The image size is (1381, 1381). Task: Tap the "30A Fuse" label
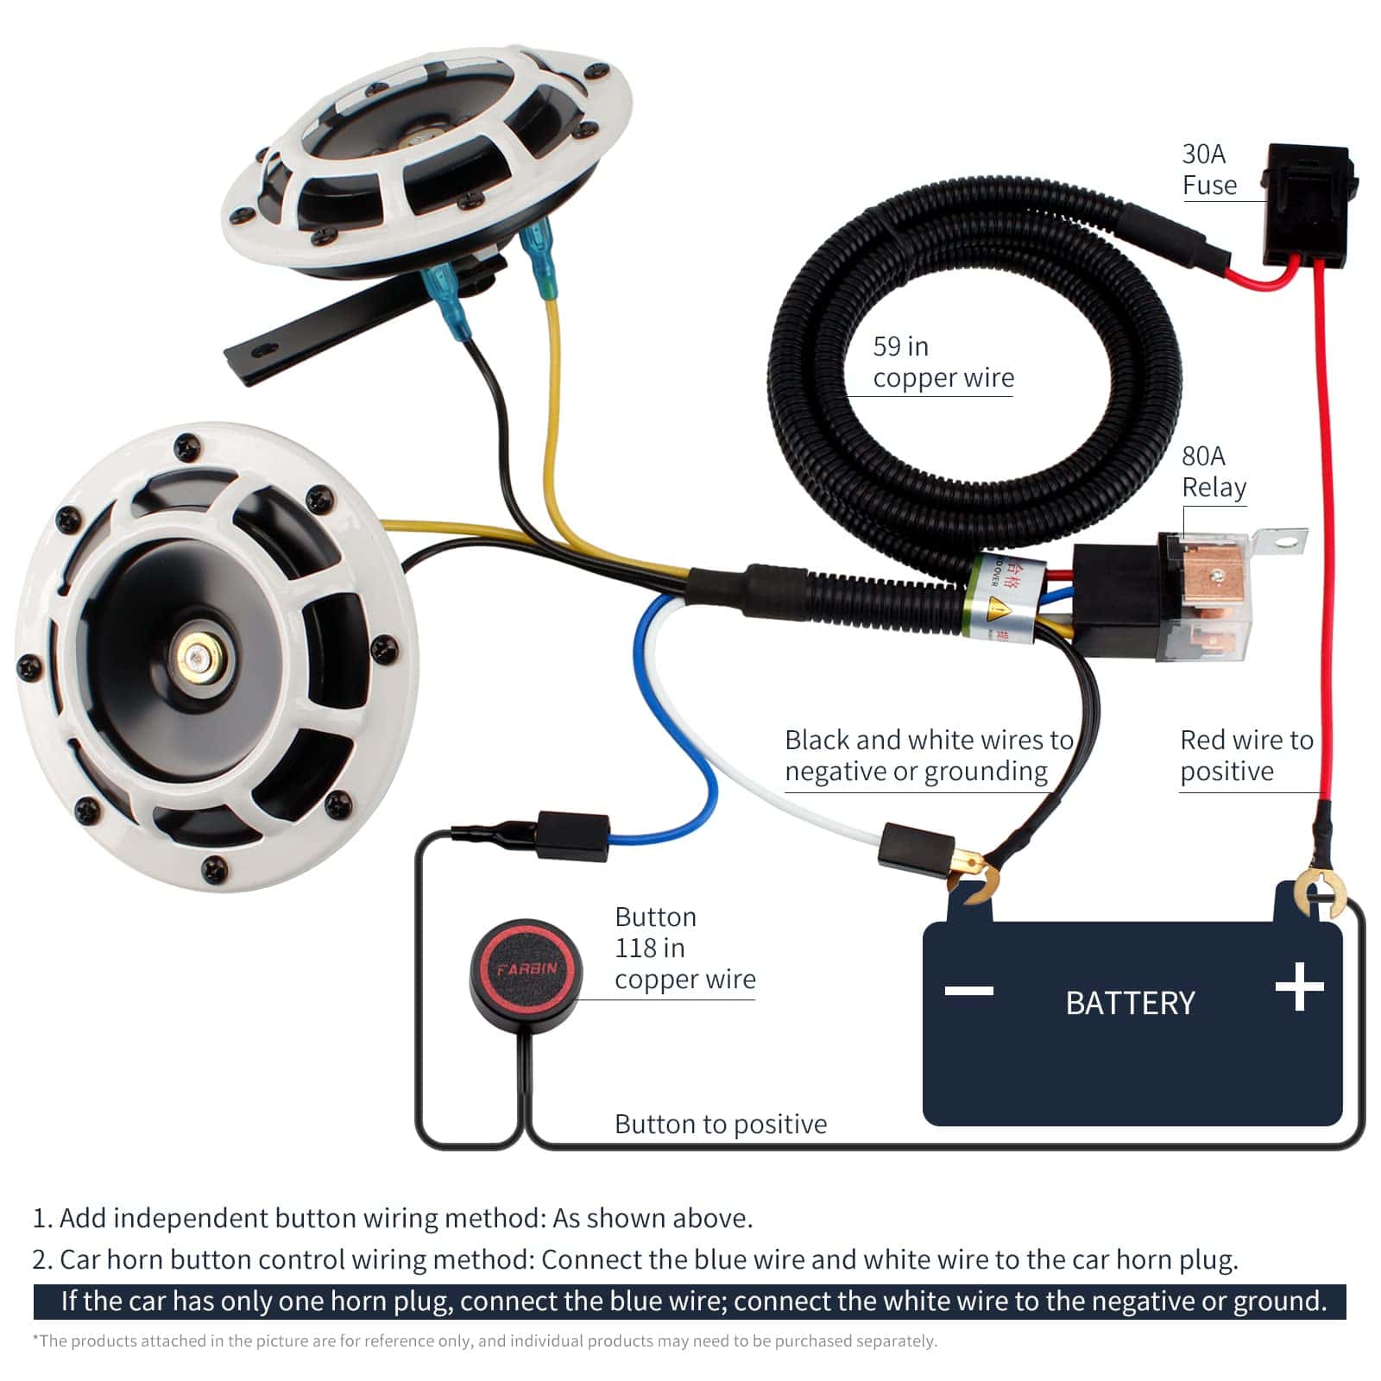click(1208, 170)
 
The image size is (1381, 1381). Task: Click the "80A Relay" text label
click(1213, 471)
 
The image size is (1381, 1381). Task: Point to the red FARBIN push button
click(526, 968)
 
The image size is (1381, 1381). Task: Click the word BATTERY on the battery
click(1130, 1003)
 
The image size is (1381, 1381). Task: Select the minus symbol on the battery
click(968, 990)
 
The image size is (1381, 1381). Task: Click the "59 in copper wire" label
click(942, 362)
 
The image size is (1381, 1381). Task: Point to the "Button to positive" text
click(720, 1124)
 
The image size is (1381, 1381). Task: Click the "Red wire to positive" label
click(1245, 754)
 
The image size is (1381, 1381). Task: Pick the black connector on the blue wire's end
click(571, 835)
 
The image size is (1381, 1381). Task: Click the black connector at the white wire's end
click(915, 850)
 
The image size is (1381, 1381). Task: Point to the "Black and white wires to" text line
click(928, 740)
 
